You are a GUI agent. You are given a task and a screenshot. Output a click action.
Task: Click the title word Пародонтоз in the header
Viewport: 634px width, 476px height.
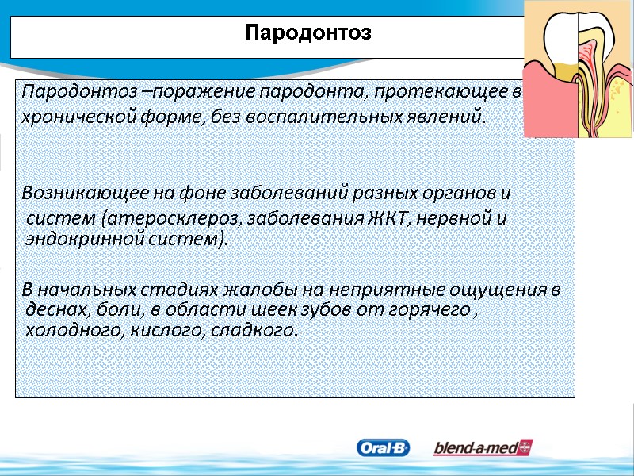tap(308, 34)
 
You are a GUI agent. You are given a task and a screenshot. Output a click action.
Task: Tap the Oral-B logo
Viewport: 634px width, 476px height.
tap(384, 448)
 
